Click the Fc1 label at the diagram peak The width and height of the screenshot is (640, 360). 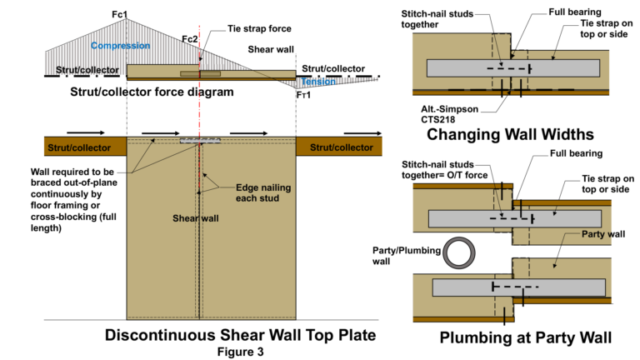tap(120, 14)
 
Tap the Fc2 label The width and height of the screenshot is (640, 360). tap(191, 39)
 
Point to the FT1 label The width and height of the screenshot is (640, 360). tap(304, 95)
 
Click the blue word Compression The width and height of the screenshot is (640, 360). tap(120, 45)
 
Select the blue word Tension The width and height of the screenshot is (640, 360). tap(317, 82)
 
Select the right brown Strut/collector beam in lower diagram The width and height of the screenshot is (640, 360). tap(337, 147)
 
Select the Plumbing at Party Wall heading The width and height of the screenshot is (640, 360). tap(517, 337)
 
